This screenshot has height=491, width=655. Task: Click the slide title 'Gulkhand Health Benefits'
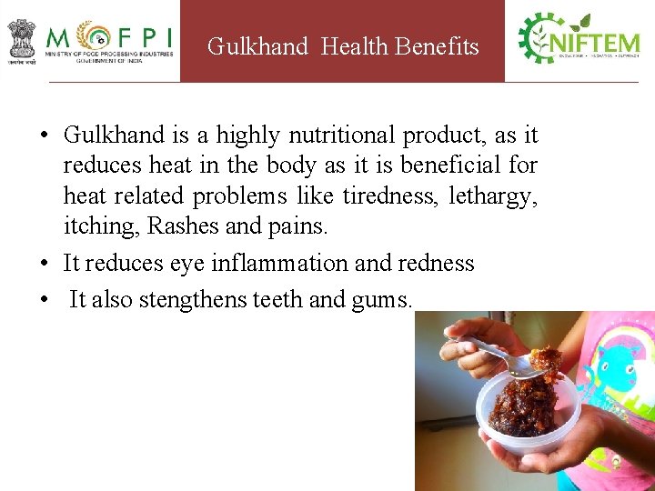click(x=343, y=46)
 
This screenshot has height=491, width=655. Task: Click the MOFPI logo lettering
click(x=109, y=39)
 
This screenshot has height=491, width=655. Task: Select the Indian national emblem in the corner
click(x=21, y=39)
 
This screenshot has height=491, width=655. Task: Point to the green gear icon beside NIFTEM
click(x=537, y=38)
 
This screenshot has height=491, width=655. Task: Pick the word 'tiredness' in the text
click(x=390, y=195)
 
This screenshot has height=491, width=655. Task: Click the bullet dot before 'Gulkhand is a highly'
click(x=44, y=136)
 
